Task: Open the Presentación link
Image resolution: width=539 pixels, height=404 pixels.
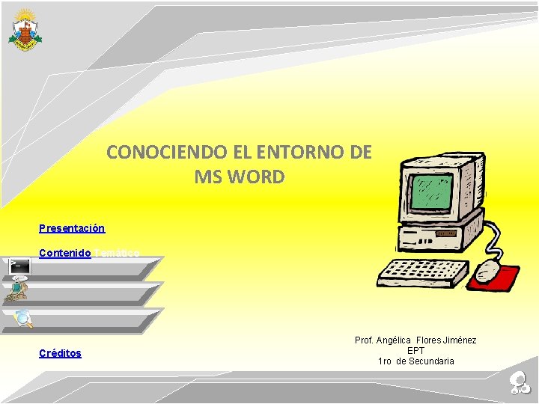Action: pos(72,228)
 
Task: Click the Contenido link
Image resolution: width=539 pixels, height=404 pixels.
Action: pos(65,253)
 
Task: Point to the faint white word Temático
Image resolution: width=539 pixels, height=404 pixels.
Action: pos(117,253)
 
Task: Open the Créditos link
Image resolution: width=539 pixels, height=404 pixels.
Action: pos(60,353)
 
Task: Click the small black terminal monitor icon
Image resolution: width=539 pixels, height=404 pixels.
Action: pos(19,266)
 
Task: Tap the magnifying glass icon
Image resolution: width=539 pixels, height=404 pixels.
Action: pos(23,319)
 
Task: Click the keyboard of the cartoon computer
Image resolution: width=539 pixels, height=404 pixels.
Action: pos(422,273)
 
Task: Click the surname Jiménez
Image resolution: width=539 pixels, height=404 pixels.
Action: pos(459,340)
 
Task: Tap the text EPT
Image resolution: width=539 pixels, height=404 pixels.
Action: pos(415,350)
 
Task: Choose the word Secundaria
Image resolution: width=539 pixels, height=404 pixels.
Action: pos(430,361)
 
